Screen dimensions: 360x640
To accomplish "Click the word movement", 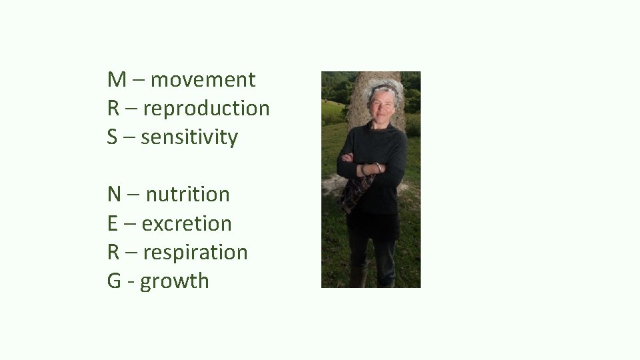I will coord(203,80).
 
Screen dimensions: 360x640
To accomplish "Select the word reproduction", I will coord(206,109).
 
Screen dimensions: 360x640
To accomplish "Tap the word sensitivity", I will coord(189,137).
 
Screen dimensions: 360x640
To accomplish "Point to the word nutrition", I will coord(187,195).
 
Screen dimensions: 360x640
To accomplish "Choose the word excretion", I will coord(187,224).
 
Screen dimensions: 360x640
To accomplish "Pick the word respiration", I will coord(195,253).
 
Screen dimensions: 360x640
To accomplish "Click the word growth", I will coord(174,281).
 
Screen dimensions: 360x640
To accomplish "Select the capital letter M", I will coord(116,80).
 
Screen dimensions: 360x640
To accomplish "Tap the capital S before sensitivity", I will coord(113,137).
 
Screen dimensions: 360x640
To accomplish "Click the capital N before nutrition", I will coord(114,195).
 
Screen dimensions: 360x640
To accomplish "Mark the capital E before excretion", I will coord(113,224).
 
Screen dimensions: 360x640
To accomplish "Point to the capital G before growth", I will coord(114,281).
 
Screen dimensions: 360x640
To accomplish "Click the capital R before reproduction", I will coord(113,109).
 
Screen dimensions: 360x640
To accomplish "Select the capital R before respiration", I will coord(113,253).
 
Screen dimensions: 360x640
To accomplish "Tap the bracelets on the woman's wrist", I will coord(370,168).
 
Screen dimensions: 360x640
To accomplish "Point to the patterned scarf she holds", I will coord(353,193).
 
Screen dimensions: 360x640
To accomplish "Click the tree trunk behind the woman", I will coord(360,100).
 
